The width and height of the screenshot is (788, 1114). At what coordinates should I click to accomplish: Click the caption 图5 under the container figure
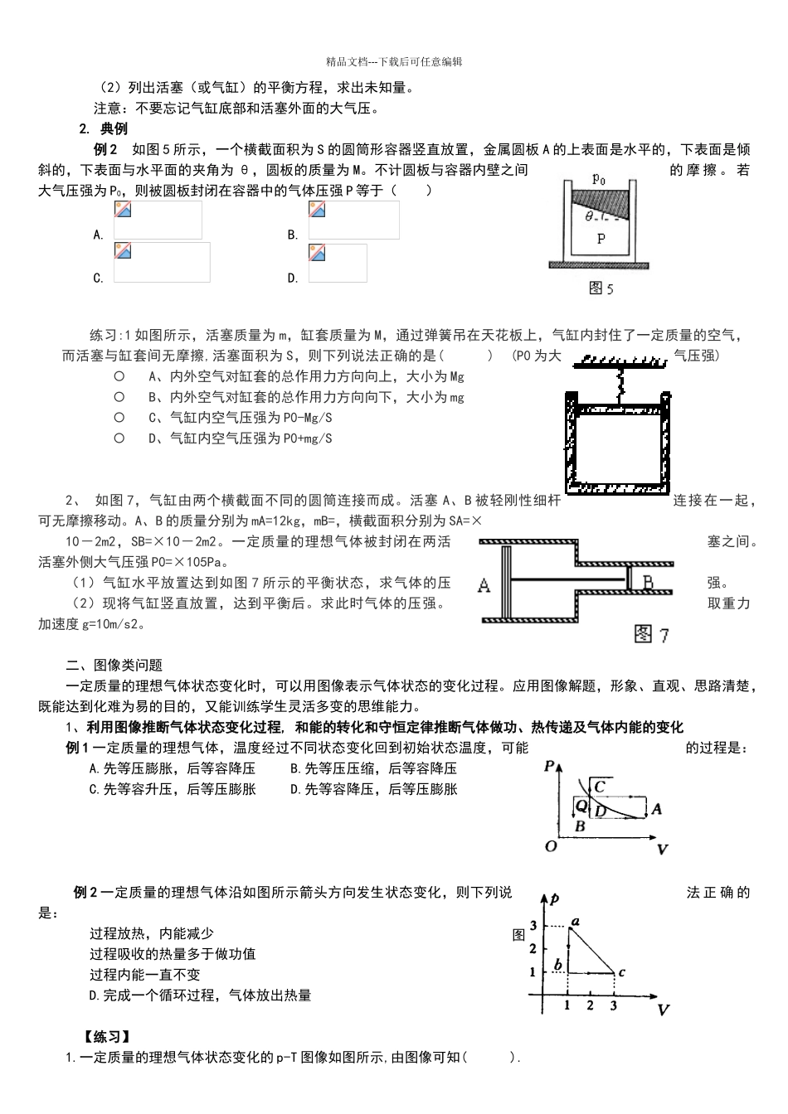[601, 288]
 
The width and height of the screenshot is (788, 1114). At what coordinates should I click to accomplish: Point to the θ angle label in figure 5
[589, 217]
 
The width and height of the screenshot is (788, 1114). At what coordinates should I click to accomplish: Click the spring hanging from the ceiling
[616, 382]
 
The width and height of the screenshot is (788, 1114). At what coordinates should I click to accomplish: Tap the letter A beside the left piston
[484, 585]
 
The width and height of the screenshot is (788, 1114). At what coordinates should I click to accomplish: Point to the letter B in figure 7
[648, 584]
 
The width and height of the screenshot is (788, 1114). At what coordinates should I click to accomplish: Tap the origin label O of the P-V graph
[551, 846]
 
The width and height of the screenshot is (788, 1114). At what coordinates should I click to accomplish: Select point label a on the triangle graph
[575, 921]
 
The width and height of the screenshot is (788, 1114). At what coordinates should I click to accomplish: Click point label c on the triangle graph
[622, 972]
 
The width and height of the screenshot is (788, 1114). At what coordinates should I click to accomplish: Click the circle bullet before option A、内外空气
[119, 376]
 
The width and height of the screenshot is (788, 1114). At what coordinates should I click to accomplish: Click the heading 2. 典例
[103, 128]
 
